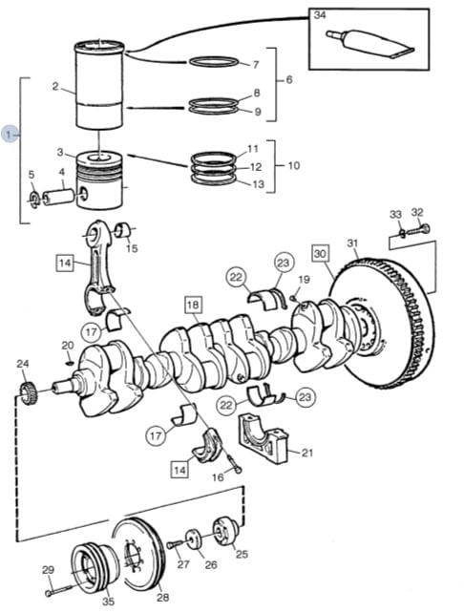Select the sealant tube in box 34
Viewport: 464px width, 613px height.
[369, 44]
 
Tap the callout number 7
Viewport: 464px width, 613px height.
[255, 64]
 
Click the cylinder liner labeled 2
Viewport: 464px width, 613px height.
[99, 84]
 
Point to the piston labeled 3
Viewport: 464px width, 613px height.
[99, 180]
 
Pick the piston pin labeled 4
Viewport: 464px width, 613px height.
[58, 197]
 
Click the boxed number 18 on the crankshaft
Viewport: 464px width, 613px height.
[193, 305]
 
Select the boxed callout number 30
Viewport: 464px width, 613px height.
[320, 253]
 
